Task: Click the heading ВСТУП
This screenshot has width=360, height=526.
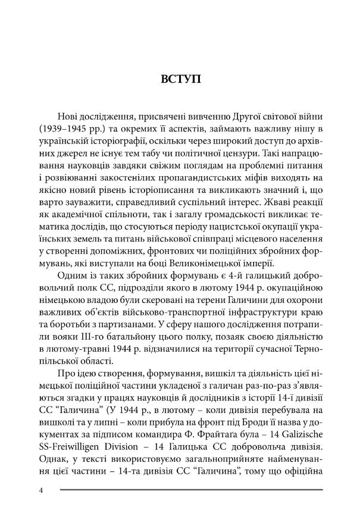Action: [180, 78]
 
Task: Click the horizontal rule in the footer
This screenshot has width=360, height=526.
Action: [190, 490]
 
